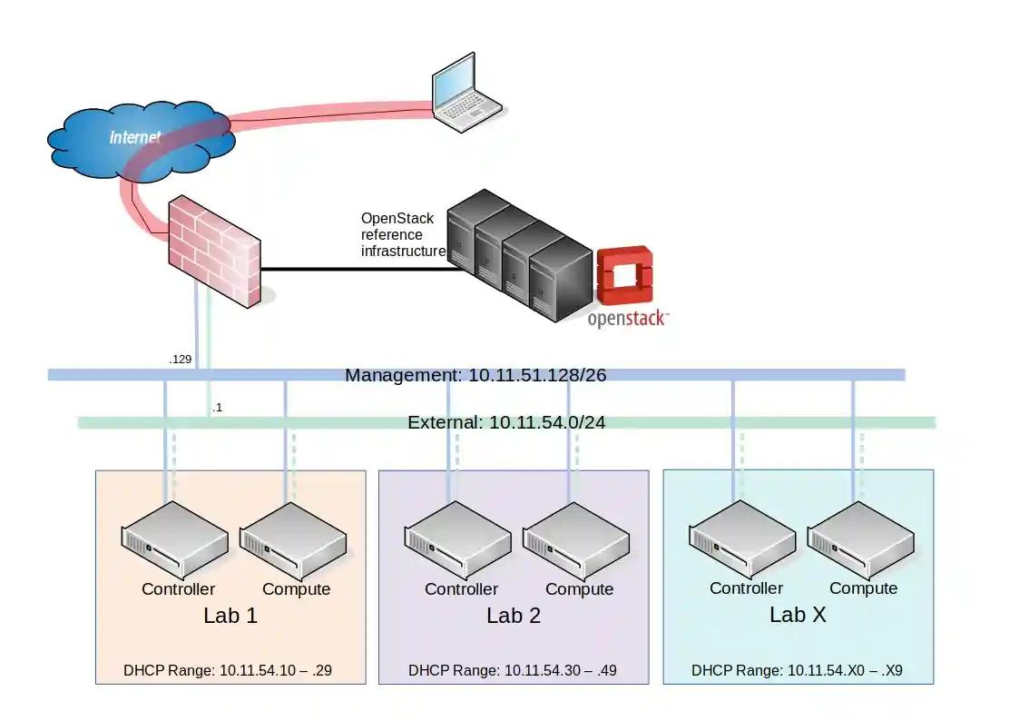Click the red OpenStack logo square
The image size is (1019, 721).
625,274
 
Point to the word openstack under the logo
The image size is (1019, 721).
627,319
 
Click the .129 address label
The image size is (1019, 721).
180,360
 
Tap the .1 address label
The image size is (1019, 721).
217,408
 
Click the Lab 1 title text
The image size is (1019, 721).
230,616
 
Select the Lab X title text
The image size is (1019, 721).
798,615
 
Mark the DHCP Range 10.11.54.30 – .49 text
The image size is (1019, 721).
512,671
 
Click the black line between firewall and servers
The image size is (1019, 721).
354,269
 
